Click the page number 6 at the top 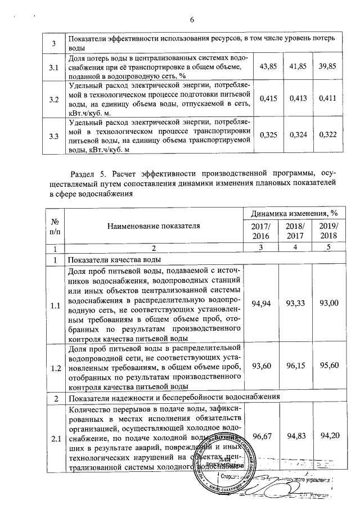[191, 21]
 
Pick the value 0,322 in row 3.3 [327, 136]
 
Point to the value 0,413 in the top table [298, 99]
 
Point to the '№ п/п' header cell [54, 226]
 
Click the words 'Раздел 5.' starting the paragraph [84, 172]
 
